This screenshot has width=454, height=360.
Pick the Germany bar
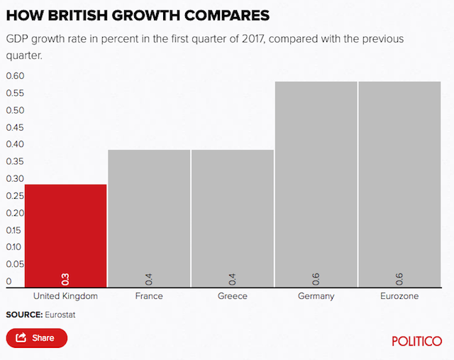click(316, 185)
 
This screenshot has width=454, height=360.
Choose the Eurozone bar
click(399, 185)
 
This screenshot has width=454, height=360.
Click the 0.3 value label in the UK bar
click(65, 278)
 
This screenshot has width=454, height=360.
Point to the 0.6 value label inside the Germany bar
click(316, 278)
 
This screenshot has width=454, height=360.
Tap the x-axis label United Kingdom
click(65, 296)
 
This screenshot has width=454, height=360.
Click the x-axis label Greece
click(232, 296)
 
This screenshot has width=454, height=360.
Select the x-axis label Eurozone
click(399, 296)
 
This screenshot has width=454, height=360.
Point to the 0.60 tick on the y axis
click(16, 76)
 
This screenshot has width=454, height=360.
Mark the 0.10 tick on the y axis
click(16, 247)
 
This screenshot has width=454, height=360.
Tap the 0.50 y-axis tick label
click(16, 110)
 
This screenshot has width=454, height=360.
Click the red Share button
click(37, 338)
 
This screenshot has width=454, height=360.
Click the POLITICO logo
click(417, 341)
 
